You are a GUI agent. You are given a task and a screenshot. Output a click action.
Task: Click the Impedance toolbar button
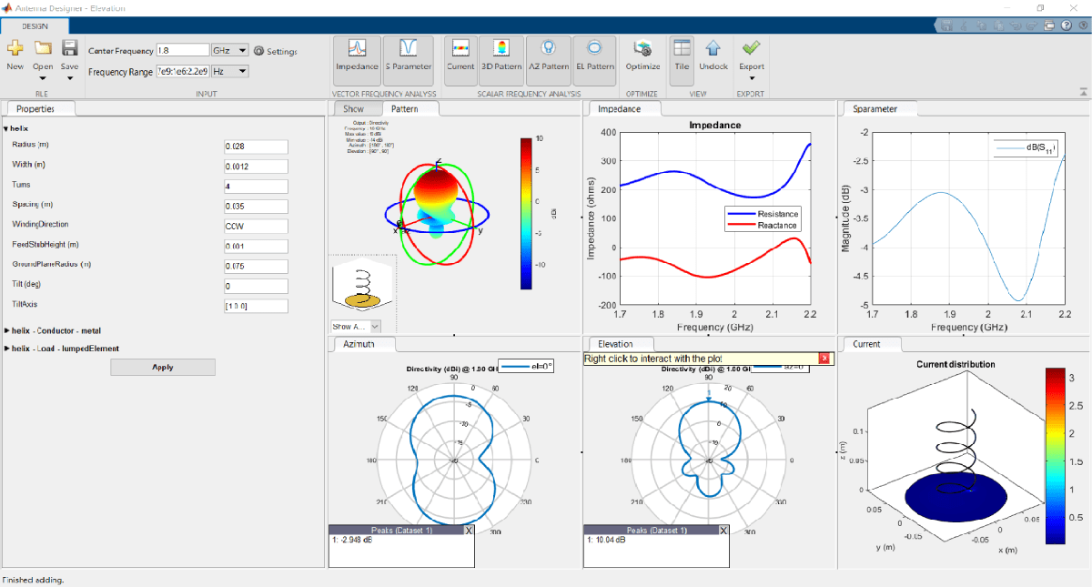[357, 57]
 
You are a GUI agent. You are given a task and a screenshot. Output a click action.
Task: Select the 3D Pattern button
[501, 57]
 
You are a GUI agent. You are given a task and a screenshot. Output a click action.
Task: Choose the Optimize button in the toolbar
[643, 57]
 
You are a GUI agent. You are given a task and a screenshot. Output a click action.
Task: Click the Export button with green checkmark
[751, 57]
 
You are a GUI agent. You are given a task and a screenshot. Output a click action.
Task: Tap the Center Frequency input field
[182, 51]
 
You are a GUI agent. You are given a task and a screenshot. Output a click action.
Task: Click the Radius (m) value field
[256, 147]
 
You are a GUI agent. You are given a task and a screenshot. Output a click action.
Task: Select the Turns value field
[256, 186]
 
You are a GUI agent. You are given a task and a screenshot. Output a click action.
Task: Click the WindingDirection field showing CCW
[256, 225]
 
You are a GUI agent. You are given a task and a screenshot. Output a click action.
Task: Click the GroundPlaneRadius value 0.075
[256, 265]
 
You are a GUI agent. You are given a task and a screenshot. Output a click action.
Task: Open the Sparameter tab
[875, 109]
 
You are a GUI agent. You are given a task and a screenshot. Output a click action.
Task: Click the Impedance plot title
[714, 125]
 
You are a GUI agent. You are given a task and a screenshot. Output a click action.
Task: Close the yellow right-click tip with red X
[824, 359]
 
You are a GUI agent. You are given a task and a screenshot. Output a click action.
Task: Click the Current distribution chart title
[955, 364]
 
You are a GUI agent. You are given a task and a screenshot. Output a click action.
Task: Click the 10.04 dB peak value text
[609, 540]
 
